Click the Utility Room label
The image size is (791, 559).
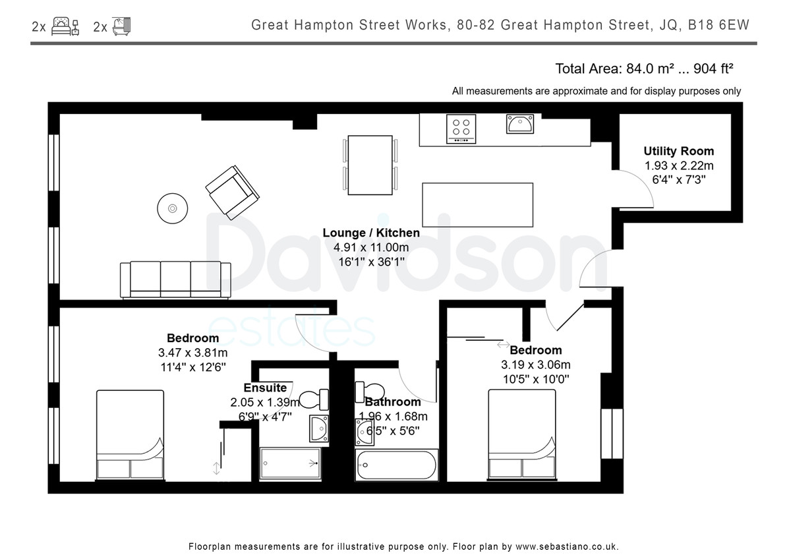click(x=678, y=151)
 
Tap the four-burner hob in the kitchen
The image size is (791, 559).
click(x=461, y=129)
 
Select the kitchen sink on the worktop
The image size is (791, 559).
click(x=520, y=123)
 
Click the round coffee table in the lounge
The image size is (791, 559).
click(x=172, y=208)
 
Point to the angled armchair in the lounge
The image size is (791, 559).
click(x=232, y=192)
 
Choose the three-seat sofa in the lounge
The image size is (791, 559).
click(x=175, y=280)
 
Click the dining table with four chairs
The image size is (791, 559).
click(x=370, y=165)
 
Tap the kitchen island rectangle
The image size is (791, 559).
click(x=477, y=205)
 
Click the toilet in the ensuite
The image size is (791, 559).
click(x=314, y=399)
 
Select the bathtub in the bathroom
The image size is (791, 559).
click(x=396, y=465)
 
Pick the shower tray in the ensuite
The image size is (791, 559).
click(x=290, y=463)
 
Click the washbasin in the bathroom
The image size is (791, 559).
click(x=364, y=432)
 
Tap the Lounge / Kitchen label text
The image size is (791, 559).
click(x=371, y=233)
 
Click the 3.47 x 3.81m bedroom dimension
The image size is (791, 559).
click(x=192, y=353)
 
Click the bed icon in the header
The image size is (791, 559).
click(x=65, y=26)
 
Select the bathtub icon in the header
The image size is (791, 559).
click(x=121, y=26)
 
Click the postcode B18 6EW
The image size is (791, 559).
click(x=718, y=25)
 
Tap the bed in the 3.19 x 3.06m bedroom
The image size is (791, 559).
click(x=521, y=434)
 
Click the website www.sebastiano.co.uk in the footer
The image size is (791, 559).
click(x=567, y=546)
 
